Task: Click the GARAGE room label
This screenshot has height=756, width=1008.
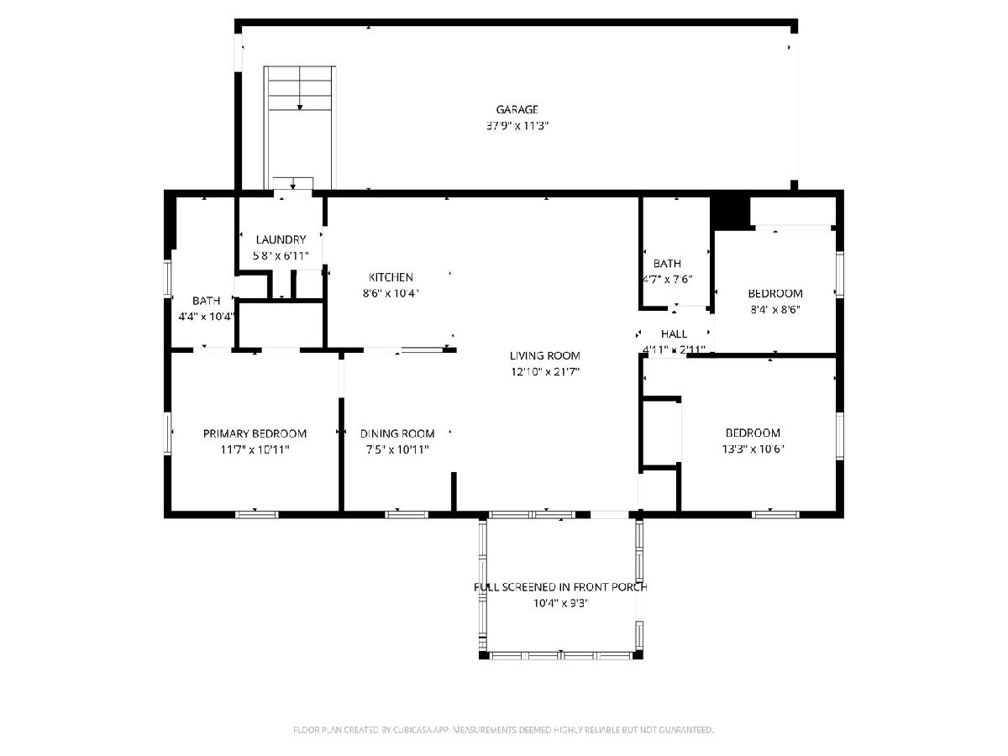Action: [517, 110]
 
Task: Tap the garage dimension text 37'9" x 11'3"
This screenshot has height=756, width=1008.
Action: [517, 126]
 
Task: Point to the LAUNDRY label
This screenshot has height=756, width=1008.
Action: [281, 239]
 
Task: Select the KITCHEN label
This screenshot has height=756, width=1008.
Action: [391, 277]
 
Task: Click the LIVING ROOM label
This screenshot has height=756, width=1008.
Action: [544, 355]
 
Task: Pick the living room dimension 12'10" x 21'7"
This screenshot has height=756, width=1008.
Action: [545, 372]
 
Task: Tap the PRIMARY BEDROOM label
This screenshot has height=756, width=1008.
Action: [255, 433]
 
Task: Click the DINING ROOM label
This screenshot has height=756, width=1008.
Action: [397, 433]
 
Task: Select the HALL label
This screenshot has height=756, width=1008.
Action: [675, 334]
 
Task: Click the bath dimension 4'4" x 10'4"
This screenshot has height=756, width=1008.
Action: [206, 317]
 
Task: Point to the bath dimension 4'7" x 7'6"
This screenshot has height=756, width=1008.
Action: [667, 280]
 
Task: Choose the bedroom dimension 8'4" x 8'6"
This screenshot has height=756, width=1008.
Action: [775, 310]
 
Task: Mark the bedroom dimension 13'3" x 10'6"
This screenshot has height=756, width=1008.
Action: [753, 449]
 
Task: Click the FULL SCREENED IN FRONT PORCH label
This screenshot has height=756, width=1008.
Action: [561, 587]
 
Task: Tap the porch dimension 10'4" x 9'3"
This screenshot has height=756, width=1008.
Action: [561, 603]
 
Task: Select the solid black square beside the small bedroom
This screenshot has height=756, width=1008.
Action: [730, 213]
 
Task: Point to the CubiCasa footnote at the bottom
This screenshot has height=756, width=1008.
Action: [503, 730]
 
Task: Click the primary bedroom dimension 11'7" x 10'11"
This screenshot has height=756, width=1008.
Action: [255, 450]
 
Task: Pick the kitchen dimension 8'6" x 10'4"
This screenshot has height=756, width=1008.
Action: [391, 293]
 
